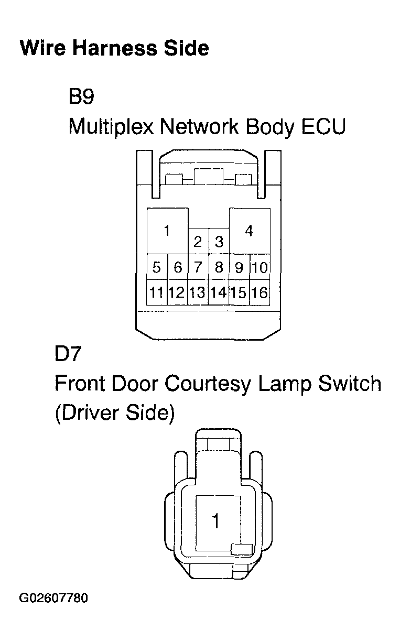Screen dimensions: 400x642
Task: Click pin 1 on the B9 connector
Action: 167,231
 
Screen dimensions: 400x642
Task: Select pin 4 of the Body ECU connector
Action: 250,231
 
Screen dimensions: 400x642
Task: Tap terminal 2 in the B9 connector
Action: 198,241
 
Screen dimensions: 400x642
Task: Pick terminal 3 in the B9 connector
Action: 219,241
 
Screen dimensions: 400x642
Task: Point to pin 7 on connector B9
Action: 198,267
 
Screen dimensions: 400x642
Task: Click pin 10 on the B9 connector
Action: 260,267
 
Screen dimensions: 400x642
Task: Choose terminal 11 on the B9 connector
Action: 157,292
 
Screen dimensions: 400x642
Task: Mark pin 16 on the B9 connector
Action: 260,292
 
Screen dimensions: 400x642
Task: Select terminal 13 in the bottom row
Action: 198,292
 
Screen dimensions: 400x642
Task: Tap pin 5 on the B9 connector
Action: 157,267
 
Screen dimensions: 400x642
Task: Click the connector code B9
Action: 81,96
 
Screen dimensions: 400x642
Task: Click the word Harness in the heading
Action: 115,48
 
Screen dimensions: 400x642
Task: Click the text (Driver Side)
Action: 115,414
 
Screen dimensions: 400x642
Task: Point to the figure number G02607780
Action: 53,598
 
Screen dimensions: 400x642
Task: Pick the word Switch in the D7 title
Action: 350,384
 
